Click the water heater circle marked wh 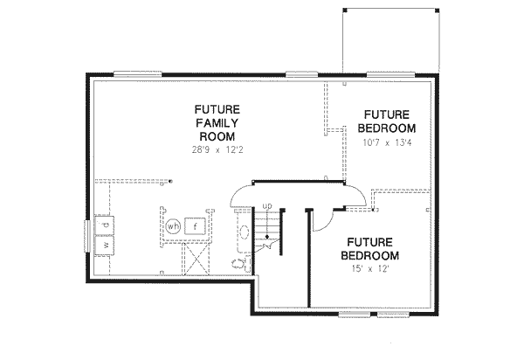[x=173, y=226]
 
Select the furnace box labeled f [x=196, y=226]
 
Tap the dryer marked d [x=104, y=226]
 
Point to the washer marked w [x=104, y=246]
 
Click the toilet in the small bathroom [x=238, y=260]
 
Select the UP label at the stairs [x=269, y=206]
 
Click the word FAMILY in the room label [x=213, y=123]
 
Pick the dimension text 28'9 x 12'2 [x=213, y=149]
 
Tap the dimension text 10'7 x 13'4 [x=387, y=143]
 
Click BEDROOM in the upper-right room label [x=388, y=128]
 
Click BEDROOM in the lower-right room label [x=372, y=255]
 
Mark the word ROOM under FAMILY [x=213, y=136]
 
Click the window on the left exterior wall [x=87, y=236]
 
